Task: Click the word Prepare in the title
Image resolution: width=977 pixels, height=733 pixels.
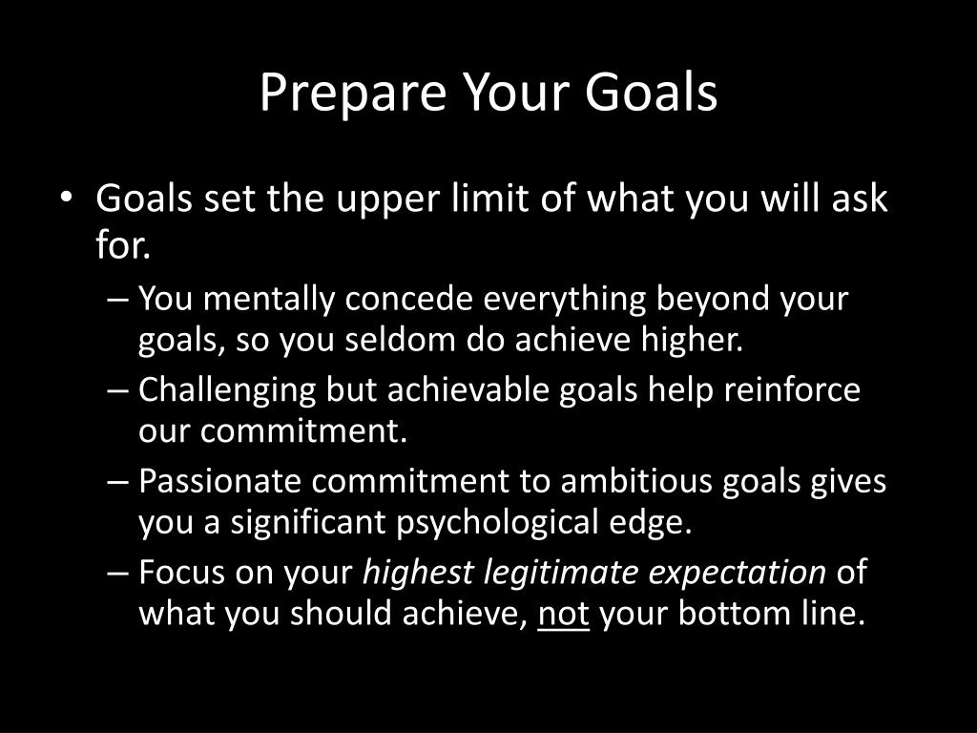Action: [x=353, y=94]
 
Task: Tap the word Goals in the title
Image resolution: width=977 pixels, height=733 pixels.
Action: [x=651, y=92]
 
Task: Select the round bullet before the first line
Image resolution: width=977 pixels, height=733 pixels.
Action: [x=66, y=198]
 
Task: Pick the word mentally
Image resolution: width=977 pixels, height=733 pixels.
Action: [x=268, y=300]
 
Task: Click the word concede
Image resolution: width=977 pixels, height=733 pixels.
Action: [x=408, y=299]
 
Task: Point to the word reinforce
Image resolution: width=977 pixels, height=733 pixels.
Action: [x=792, y=389]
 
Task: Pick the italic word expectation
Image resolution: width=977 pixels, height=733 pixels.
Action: [x=738, y=574]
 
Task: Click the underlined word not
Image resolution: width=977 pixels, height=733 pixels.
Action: [x=563, y=614]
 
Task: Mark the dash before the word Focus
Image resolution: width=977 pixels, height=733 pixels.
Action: [x=118, y=573]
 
